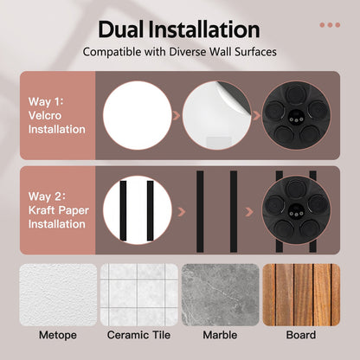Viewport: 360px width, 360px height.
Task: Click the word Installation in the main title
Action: pos(204,29)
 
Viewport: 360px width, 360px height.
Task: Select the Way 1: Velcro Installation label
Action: pos(57,115)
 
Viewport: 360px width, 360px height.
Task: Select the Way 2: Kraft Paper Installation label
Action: pos(59,210)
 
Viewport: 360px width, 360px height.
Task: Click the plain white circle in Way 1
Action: pos(138,115)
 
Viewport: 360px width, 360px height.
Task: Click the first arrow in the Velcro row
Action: pos(177,116)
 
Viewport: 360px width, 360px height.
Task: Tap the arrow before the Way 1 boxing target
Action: pos(256,116)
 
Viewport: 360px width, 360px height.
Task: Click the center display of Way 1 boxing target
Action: pos(296,116)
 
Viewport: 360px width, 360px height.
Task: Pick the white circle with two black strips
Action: pos(138,210)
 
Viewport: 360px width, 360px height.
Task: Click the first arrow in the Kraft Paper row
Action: pos(182,212)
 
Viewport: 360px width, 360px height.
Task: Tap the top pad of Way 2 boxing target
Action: pos(295,188)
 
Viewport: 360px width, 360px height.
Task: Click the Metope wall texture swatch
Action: pos(58,295)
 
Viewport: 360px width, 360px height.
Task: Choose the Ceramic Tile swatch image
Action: pos(139,295)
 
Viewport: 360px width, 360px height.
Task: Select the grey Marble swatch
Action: pos(221,295)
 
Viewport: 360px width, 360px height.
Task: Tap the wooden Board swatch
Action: pos(301,295)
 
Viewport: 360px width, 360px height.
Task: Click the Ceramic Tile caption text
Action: pos(138,335)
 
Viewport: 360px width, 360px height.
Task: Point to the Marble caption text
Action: pos(220,335)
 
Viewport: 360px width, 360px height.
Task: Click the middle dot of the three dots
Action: pos(330,25)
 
